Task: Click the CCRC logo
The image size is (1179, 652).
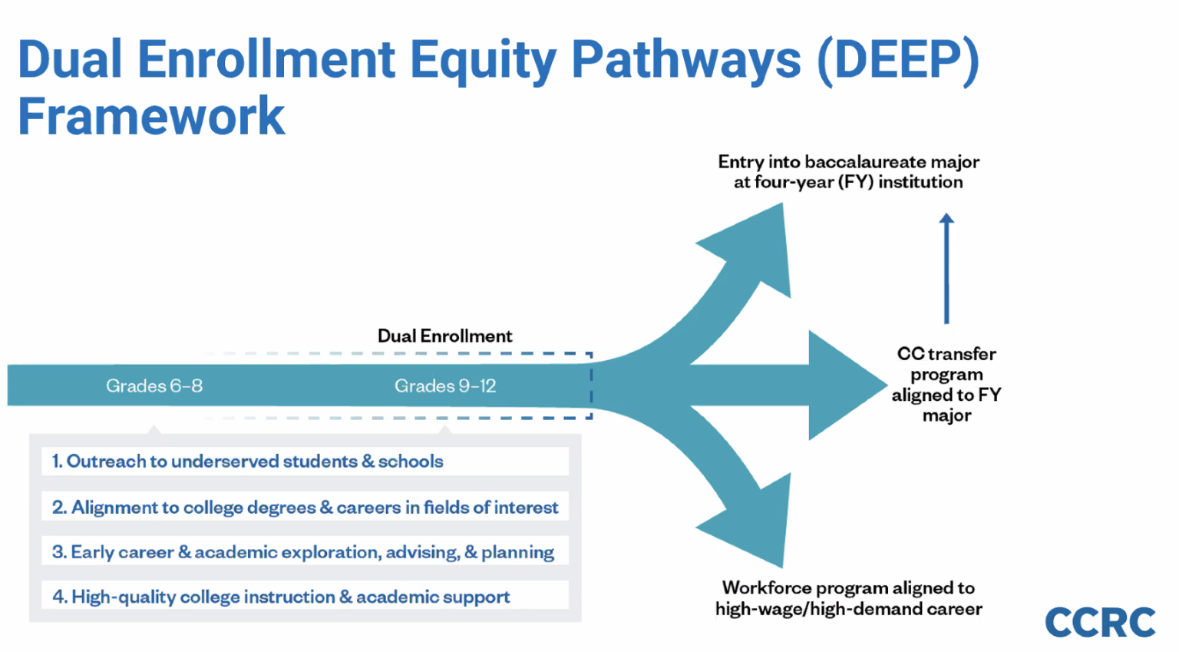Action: click(x=1099, y=622)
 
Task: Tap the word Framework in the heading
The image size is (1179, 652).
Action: click(x=151, y=117)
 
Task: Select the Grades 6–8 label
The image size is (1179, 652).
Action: click(x=154, y=386)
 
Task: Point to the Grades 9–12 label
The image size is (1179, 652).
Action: click(x=445, y=386)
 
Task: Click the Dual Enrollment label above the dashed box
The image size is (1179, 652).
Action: click(x=444, y=336)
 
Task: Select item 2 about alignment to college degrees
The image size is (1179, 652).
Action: click(x=305, y=507)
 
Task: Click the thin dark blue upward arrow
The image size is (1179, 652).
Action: click(x=946, y=269)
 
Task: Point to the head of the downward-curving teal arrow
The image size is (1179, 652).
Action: click(x=756, y=522)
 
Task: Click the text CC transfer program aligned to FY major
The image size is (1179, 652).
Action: click(x=946, y=385)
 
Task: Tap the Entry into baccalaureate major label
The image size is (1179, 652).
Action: click(x=848, y=172)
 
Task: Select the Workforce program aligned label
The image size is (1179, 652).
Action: click(x=848, y=598)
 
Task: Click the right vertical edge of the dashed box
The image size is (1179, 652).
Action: click(x=591, y=386)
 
